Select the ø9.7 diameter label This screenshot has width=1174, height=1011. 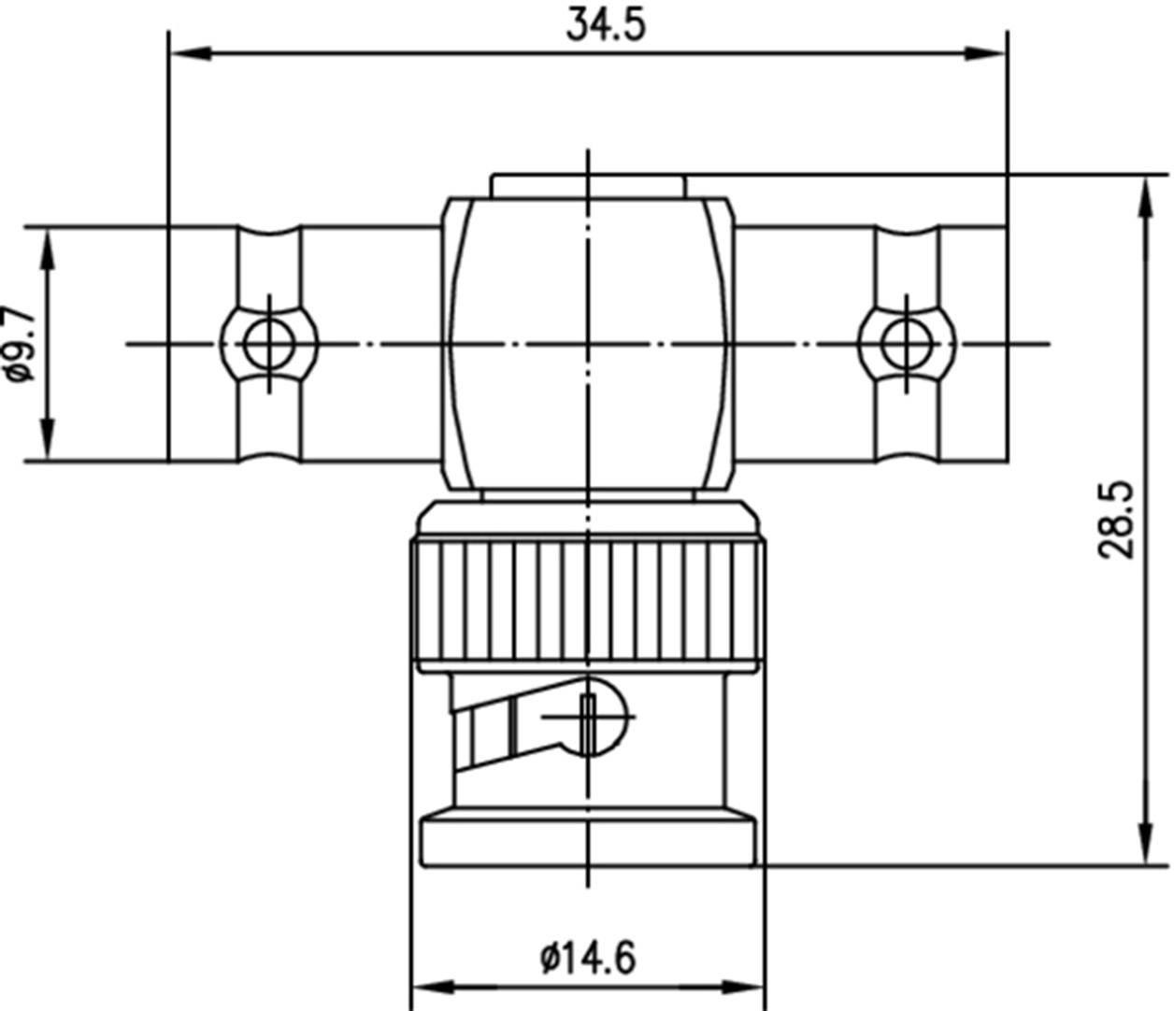point(21,344)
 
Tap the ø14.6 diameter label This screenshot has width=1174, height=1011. point(588,957)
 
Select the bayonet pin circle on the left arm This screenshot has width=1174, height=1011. point(269,344)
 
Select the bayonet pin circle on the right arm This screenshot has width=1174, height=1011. point(907,344)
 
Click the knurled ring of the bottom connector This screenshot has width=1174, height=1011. point(588,603)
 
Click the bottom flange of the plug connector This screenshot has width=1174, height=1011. point(588,841)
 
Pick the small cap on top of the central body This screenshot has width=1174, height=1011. point(588,185)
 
